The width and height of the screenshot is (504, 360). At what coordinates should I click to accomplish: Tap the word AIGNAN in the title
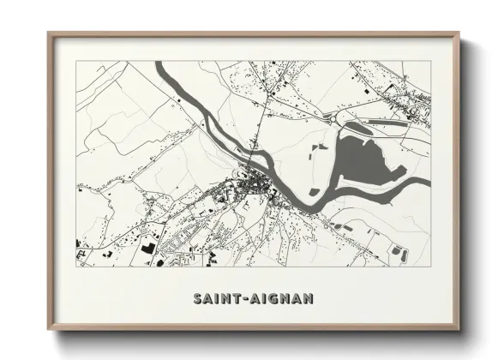[x=281, y=299]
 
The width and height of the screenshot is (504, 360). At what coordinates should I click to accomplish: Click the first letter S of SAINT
[x=197, y=299]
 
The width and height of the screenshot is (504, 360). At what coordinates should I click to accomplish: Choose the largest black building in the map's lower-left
[x=147, y=248]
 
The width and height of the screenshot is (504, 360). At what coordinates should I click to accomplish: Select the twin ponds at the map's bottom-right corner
[x=399, y=252]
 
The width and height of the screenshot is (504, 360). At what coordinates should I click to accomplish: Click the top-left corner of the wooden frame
[x=50, y=34]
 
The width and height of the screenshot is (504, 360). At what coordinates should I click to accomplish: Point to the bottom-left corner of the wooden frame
[x=50, y=328]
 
